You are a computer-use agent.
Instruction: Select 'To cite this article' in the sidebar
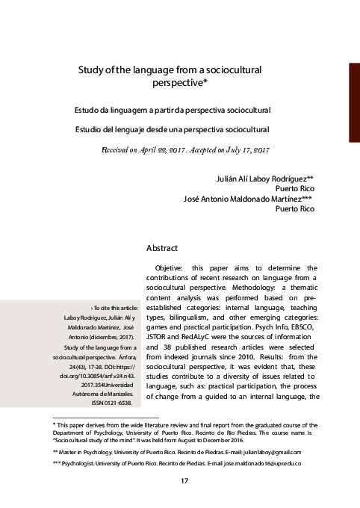click(114, 308)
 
